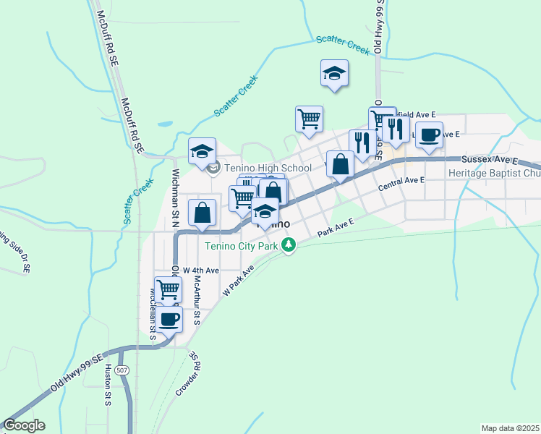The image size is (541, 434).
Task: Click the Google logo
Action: point(24,425)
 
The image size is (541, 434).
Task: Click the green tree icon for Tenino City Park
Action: point(289,246)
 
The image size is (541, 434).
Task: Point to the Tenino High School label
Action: point(267,169)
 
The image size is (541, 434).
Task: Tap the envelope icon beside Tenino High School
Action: point(213,169)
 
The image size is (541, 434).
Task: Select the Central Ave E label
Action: point(401,184)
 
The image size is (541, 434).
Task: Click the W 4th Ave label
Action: point(200,270)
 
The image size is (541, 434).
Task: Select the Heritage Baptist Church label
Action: point(494,174)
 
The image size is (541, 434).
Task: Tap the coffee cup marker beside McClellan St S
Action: point(169,319)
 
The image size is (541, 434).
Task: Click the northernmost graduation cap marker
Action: point(335,73)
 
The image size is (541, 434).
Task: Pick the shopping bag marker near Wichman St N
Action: point(203,213)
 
